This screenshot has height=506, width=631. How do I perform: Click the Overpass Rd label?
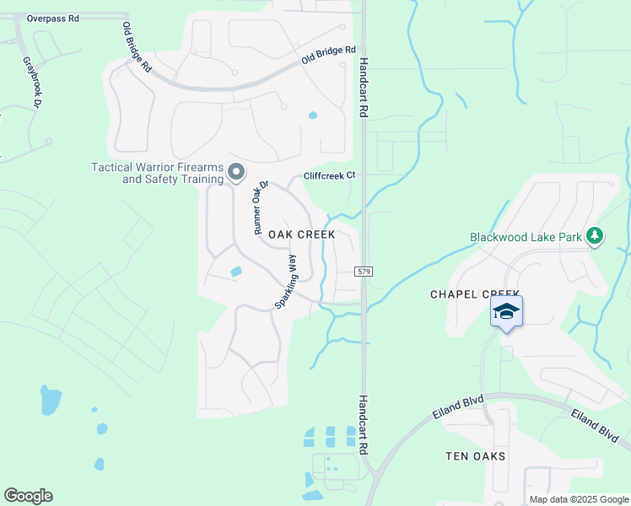[x=53, y=17]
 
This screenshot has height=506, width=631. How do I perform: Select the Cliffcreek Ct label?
[x=332, y=175]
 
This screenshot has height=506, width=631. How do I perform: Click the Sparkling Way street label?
[x=286, y=282]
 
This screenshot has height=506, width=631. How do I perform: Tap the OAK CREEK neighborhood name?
[x=301, y=234]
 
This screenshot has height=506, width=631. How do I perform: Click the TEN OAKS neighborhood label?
[x=475, y=456]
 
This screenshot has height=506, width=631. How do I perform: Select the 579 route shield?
[x=364, y=272]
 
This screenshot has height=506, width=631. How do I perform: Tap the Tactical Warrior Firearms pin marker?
[x=236, y=172]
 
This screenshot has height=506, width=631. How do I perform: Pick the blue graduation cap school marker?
[x=506, y=312]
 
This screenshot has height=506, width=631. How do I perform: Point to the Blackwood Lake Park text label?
[x=526, y=237]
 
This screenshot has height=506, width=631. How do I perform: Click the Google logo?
[x=28, y=496]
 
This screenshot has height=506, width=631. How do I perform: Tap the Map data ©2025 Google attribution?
[x=578, y=499]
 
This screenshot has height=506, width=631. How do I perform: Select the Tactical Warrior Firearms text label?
[x=157, y=173]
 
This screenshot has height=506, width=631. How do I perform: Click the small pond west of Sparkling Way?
[x=235, y=272]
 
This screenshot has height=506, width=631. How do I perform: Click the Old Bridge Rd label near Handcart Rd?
[x=328, y=57]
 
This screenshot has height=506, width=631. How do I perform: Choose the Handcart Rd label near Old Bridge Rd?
[x=364, y=87]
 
